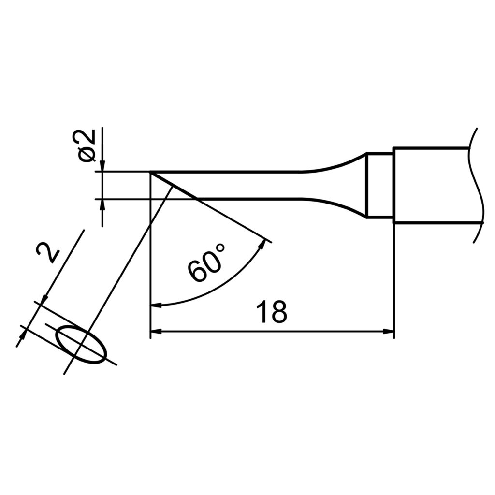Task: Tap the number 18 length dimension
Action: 272,312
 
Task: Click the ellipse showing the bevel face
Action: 81,344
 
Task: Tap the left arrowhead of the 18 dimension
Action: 156,332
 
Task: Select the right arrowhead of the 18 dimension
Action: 390,332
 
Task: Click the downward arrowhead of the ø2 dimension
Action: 102,166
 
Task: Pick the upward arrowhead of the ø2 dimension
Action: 102,204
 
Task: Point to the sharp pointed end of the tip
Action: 151,172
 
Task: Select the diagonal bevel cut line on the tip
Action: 173,185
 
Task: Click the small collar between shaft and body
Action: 379,185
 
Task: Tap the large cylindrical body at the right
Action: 430,185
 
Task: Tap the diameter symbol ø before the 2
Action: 87,154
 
